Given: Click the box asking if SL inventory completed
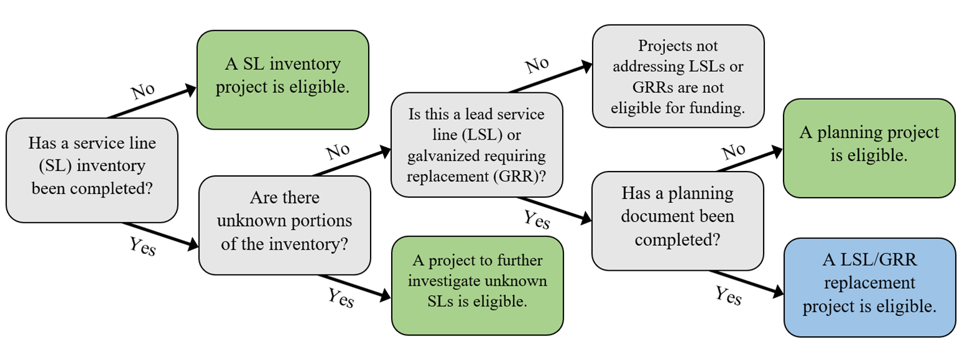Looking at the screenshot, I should pos(92,170).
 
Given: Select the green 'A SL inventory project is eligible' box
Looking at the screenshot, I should pos(283,79).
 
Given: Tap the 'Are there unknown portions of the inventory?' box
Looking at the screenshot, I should pos(284,225).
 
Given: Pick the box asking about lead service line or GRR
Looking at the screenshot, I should pos(477,144).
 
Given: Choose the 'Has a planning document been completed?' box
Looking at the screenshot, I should pos(678,220).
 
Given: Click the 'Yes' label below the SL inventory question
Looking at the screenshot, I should pos(142,248).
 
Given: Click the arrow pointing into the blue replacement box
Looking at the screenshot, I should pos(746,281).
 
